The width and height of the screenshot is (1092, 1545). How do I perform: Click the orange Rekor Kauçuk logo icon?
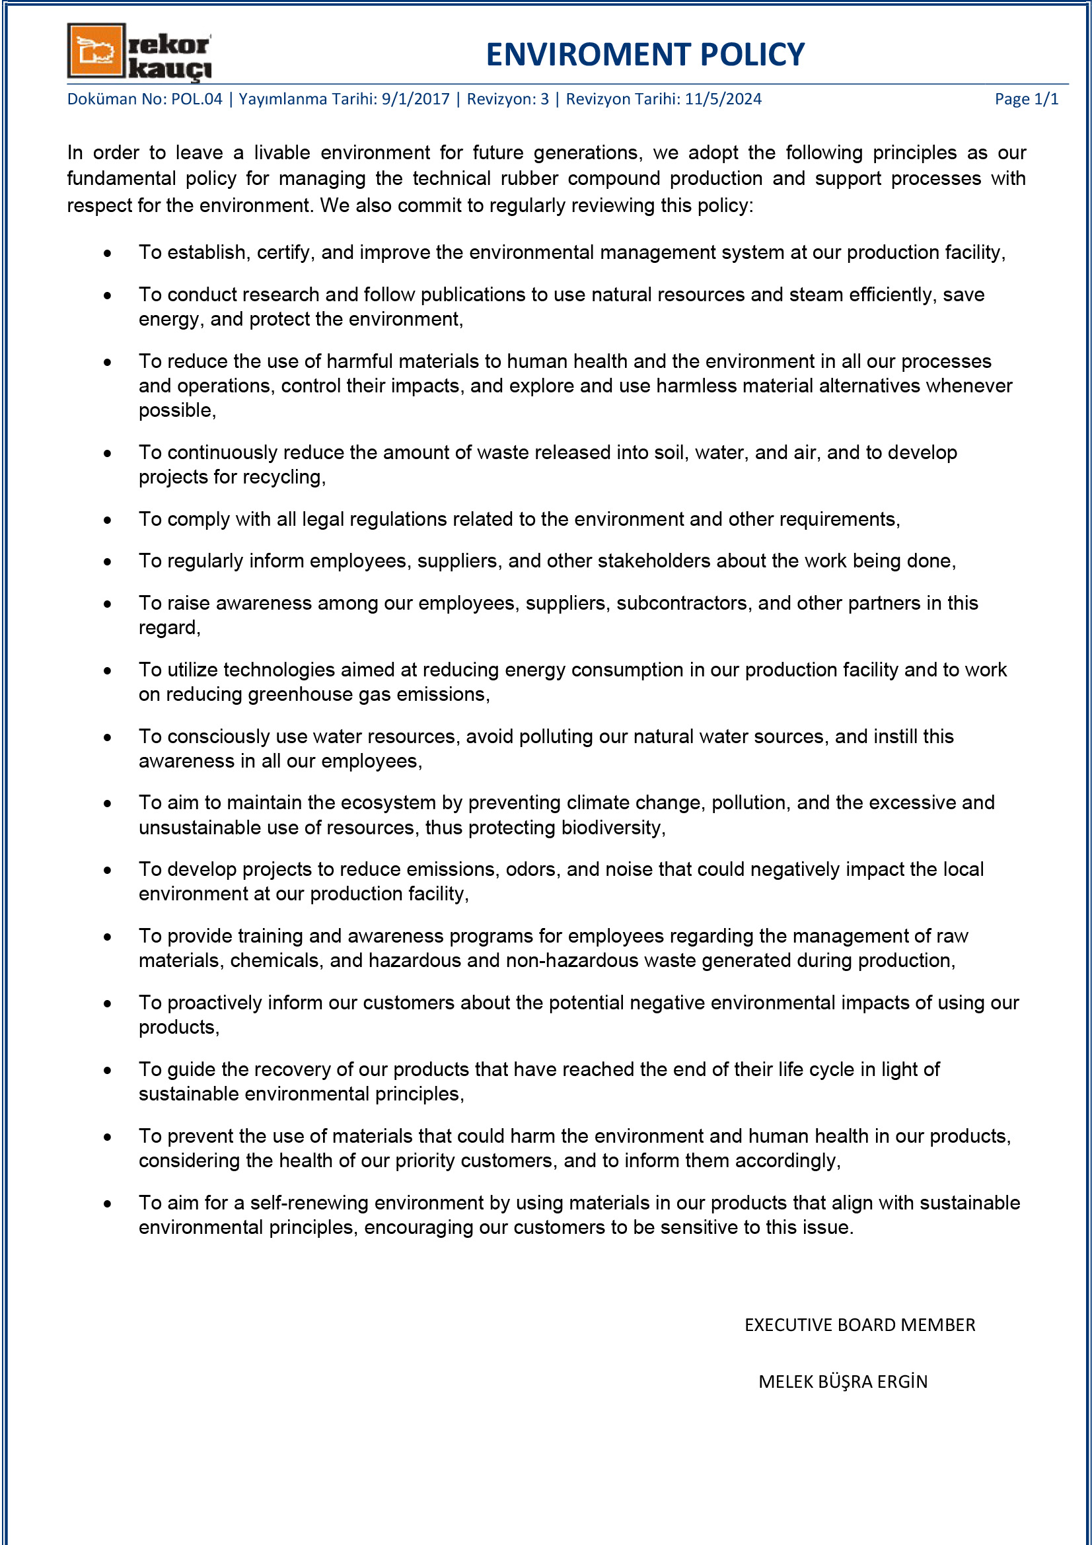96,50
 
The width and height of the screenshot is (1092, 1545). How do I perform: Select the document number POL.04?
196,99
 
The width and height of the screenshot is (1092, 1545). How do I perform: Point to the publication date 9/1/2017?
415,99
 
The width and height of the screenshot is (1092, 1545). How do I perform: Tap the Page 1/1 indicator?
1026,99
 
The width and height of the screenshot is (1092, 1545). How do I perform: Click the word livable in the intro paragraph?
282,153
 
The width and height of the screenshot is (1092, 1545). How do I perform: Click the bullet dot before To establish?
108,253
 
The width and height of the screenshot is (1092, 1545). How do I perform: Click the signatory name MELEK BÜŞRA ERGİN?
842,1381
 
